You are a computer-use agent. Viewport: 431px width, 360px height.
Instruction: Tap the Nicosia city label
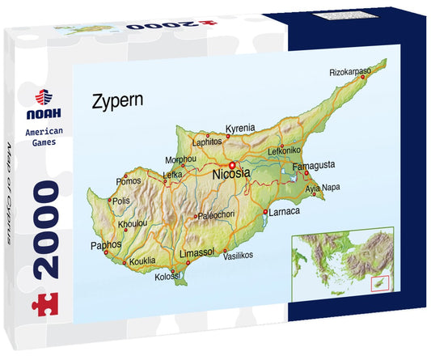click(231, 174)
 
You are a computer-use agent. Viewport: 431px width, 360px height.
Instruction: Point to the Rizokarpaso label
click(350, 72)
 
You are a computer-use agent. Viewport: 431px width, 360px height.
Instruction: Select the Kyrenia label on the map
click(240, 128)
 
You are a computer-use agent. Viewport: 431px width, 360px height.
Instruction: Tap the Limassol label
click(196, 252)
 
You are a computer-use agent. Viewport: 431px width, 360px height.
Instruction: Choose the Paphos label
click(106, 244)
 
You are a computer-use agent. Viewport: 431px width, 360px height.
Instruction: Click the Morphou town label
click(180, 159)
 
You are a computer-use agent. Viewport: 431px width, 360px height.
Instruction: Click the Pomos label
click(129, 180)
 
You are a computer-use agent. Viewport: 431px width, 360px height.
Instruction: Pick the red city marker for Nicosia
click(230, 164)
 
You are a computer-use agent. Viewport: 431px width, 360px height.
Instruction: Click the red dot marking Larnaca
click(266, 212)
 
